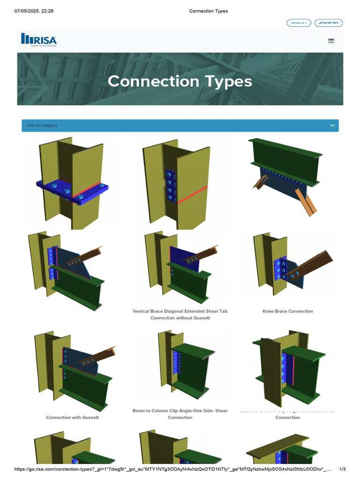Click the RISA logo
[39, 40]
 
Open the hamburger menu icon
[331, 41]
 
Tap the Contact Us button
[299, 22]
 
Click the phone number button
[329, 22]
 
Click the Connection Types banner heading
[180, 81]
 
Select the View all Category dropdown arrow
[332, 126]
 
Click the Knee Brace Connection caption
[287, 311]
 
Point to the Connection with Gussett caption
[72, 417]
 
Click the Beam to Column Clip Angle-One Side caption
[180, 414]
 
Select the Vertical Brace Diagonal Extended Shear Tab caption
[180, 315]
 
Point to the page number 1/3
[342, 469]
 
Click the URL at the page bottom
[169, 469]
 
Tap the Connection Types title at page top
[208, 11]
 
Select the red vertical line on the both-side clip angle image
[293, 370]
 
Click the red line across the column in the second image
[192, 194]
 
